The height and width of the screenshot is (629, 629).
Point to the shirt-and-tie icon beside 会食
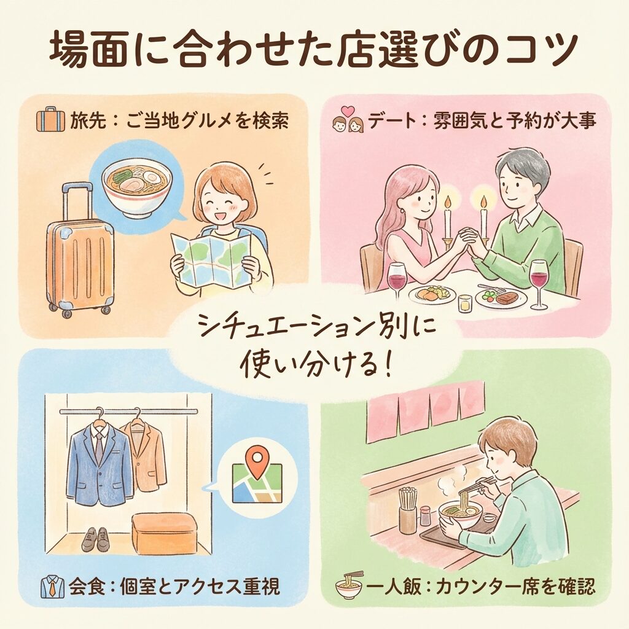(x=53, y=587)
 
